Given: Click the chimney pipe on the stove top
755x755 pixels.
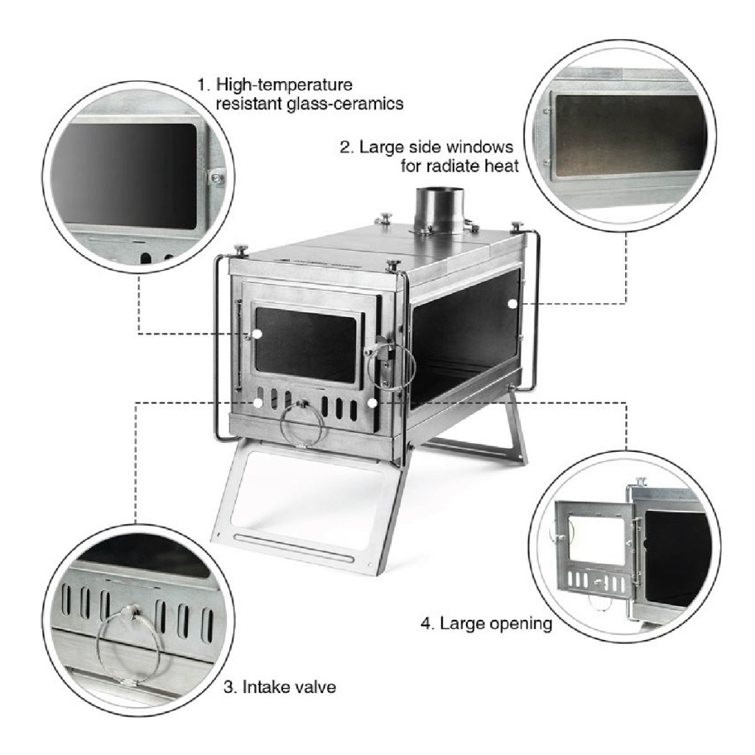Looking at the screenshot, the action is (439, 212).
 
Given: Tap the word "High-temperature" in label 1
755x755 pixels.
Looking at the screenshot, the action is (284, 85).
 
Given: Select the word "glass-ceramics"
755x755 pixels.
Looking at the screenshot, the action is (345, 104).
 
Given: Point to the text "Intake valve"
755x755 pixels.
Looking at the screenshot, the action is (289, 686).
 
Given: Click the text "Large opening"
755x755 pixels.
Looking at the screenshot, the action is (496, 624).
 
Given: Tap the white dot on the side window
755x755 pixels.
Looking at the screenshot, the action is (512, 304).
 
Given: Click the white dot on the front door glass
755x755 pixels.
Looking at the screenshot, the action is (257, 334).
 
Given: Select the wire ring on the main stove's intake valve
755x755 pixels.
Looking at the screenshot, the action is (302, 425).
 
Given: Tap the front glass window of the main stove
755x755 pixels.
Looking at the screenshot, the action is (306, 344).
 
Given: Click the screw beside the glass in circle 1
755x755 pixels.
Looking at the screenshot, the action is (216, 178).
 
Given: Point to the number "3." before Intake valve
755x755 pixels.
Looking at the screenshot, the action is (230, 686).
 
